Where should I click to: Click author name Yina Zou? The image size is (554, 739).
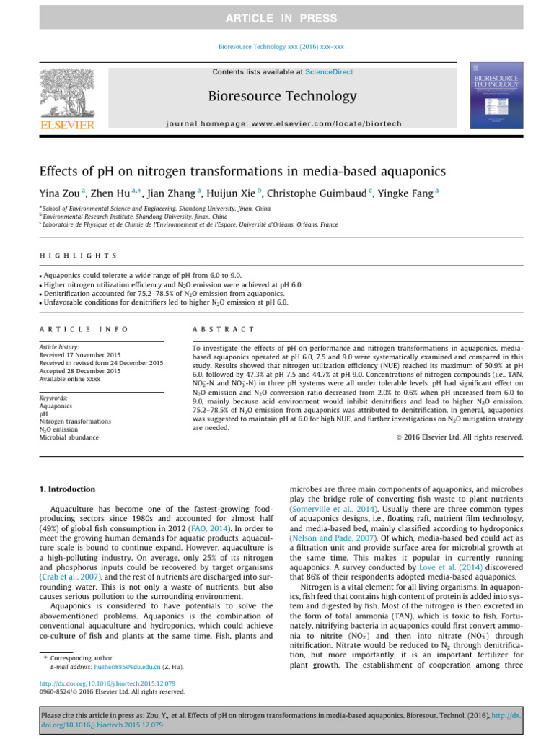pos(60,194)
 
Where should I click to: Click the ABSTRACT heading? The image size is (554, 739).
pos(223,329)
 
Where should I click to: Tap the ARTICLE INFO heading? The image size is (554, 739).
pos(84,329)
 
